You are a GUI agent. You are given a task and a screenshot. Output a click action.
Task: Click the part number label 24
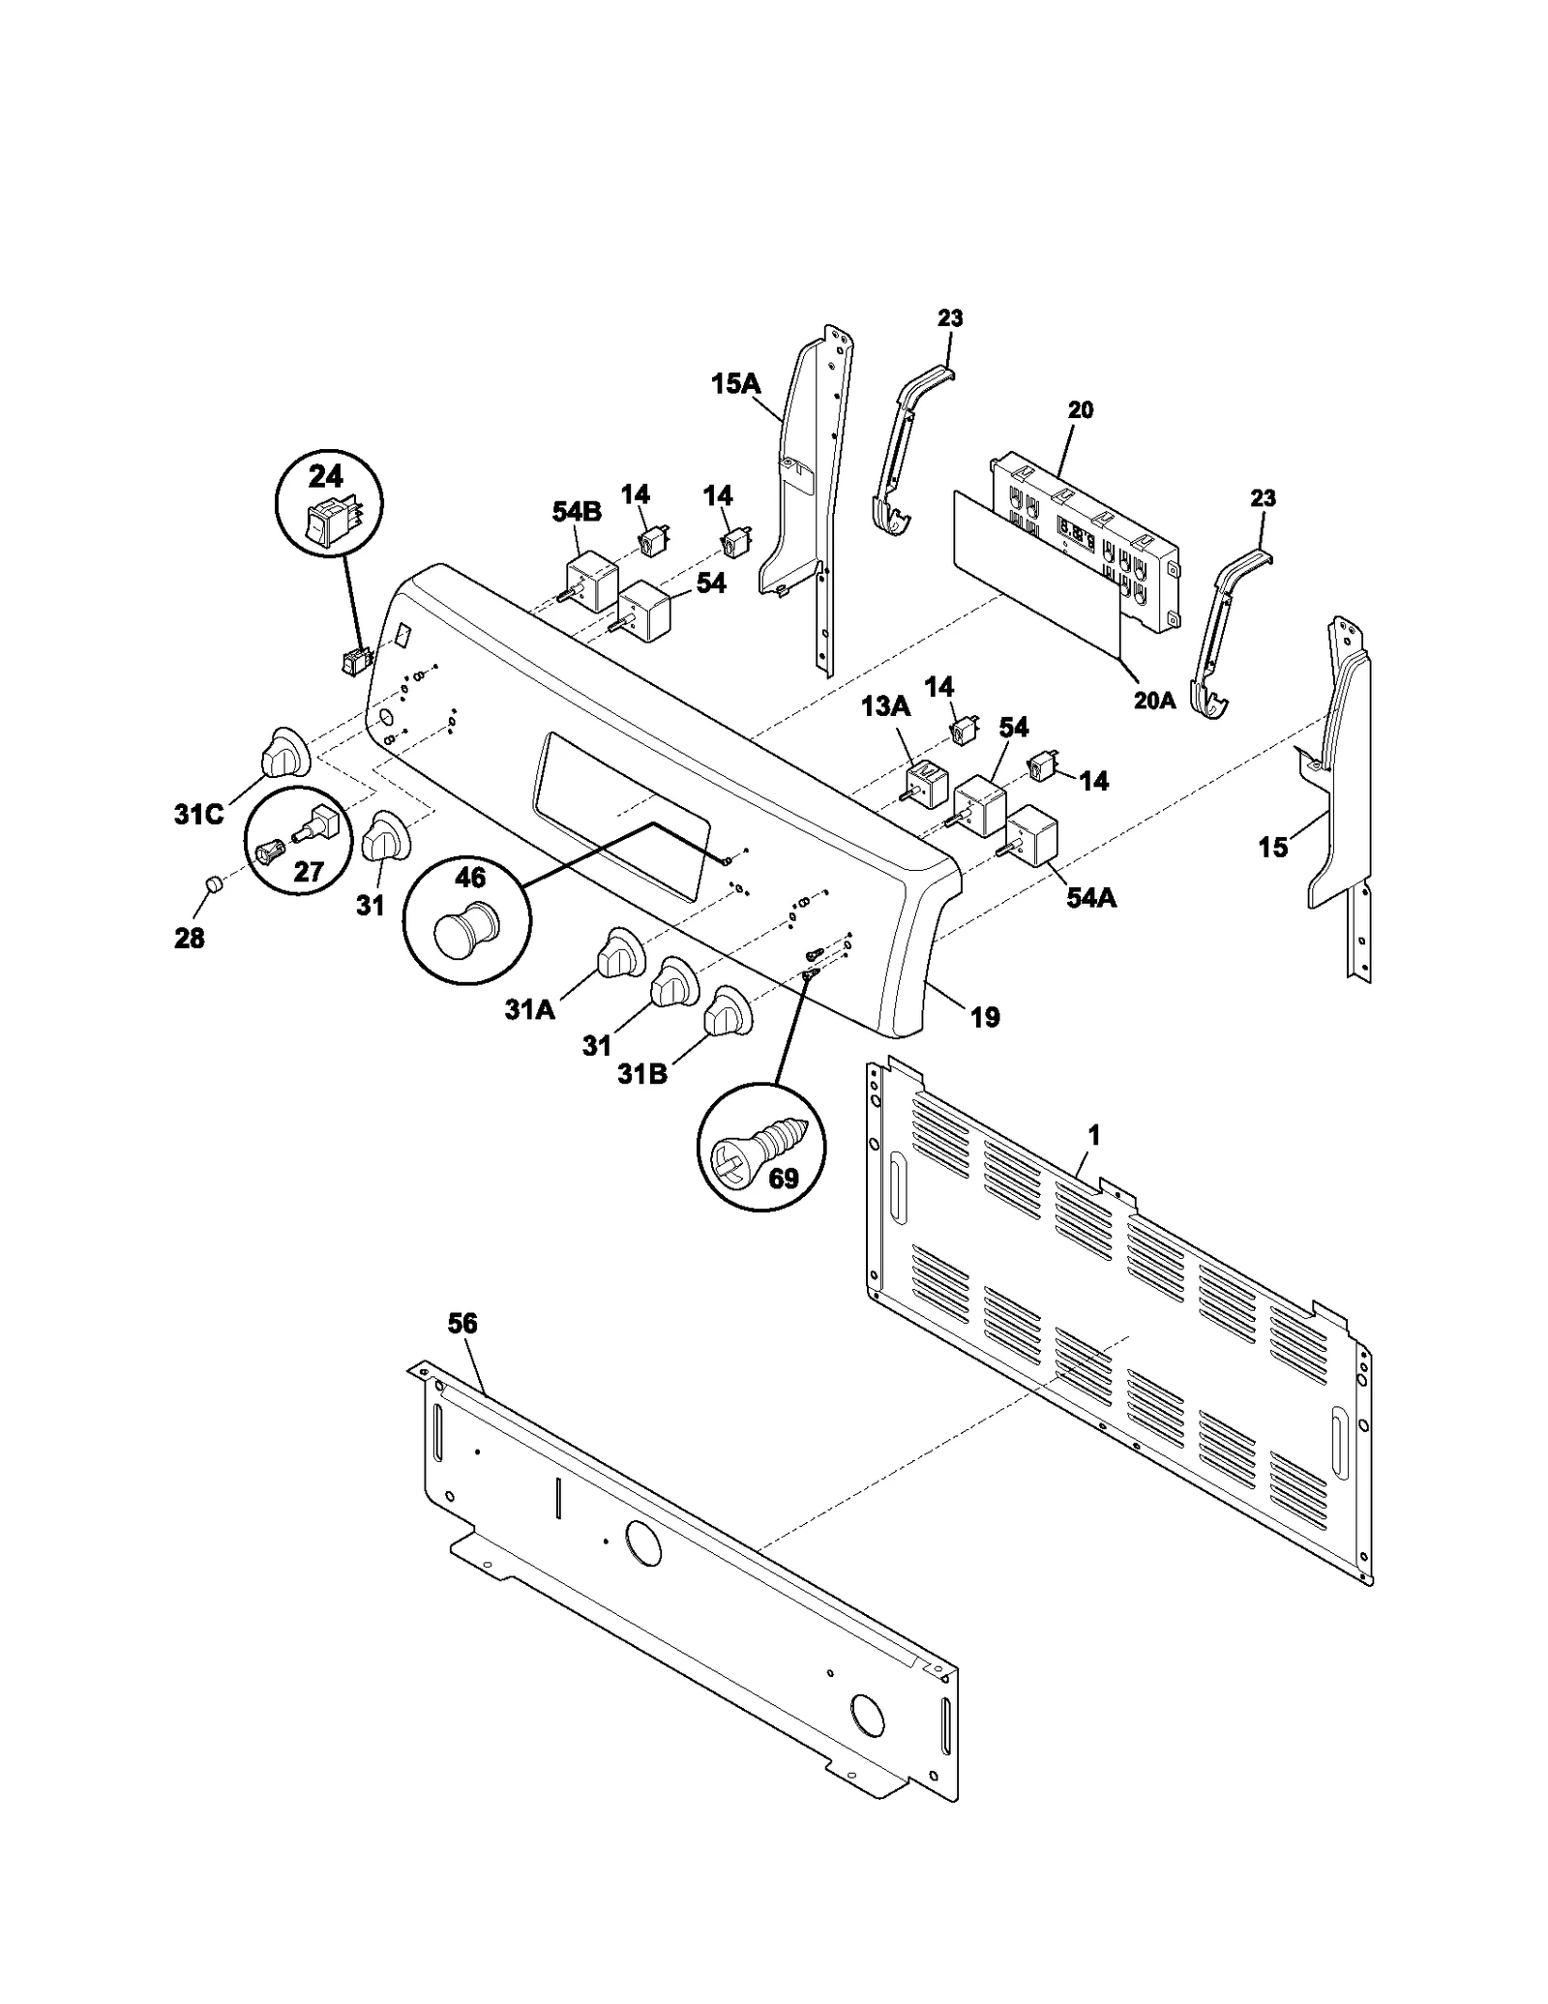pos(326,477)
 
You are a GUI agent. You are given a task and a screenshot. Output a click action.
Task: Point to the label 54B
pos(577,512)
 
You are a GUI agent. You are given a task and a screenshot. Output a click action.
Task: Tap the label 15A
pos(735,384)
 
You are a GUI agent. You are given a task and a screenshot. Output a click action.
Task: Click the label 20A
pos(1154,701)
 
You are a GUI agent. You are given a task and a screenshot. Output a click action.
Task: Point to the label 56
pos(462,1323)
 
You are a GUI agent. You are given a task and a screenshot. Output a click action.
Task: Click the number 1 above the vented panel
pos(1093,1135)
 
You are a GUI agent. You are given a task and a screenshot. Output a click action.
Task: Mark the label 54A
pos(1091,898)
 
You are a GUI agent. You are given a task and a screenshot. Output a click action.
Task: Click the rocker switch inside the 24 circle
pos(330,523)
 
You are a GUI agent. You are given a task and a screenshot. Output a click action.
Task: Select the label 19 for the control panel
pos(985,1017)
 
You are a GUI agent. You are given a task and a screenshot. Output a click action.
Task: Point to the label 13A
pos(886,706)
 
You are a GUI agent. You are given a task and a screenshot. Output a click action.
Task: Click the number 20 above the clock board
pos(1081,410)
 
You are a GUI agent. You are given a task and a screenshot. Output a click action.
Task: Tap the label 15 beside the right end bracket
pos(1273,848)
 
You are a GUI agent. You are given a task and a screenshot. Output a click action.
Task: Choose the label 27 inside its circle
pos(308,871)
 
